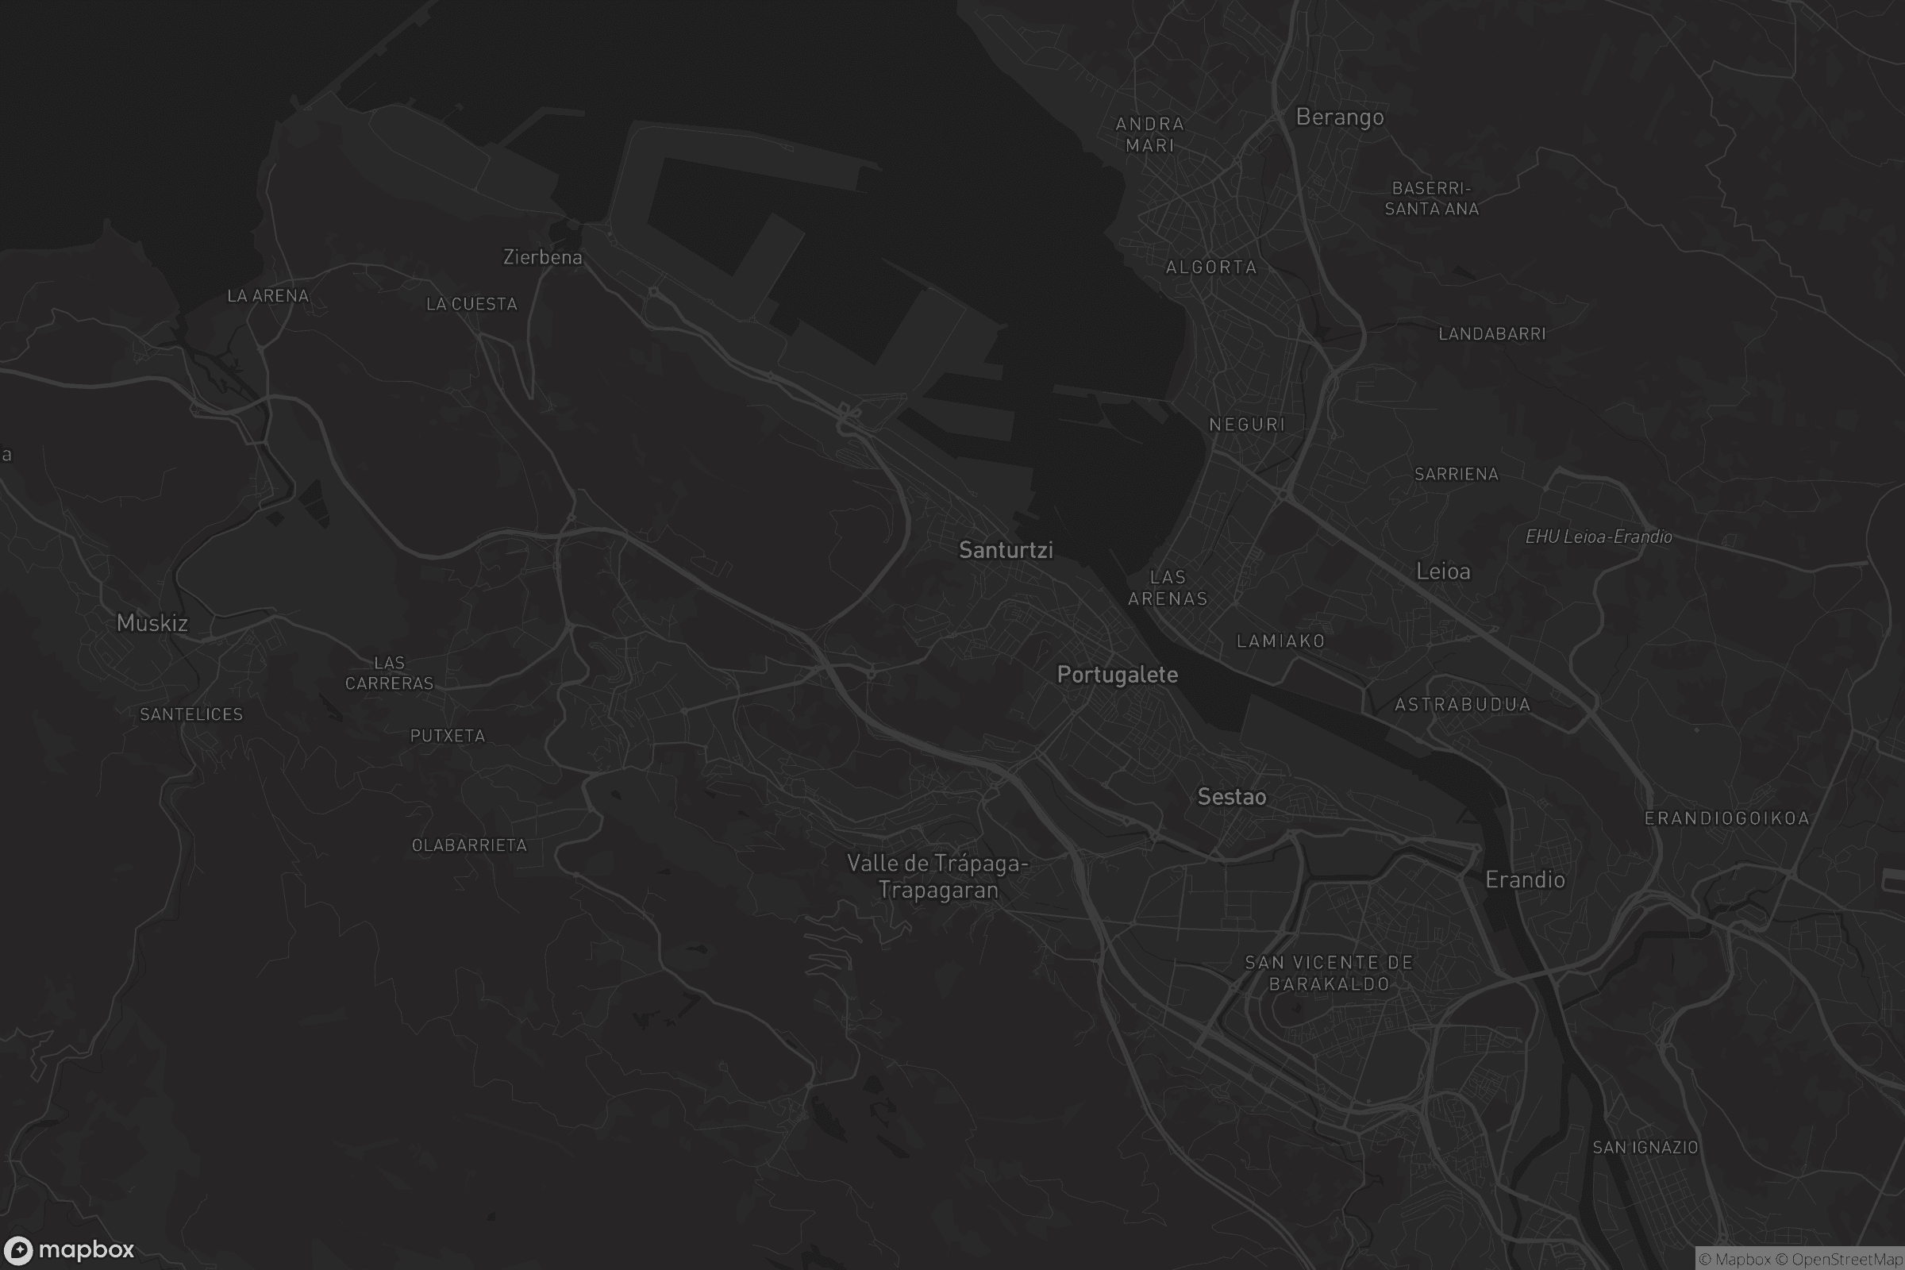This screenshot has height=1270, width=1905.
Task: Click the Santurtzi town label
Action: tap(1006, 550)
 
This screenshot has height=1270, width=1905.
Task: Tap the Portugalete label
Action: tap(1117, 675)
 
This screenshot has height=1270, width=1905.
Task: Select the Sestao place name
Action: tap(1231, 797)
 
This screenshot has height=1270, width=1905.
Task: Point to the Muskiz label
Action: tap(152, 623)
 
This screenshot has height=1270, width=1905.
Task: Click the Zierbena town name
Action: tap(543, 257)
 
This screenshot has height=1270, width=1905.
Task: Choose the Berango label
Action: tap(1340, 117)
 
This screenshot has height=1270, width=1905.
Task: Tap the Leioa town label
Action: tap(1442, 571)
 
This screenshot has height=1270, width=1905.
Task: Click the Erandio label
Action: tap(1524, 880)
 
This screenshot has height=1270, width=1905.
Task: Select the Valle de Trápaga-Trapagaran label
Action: tap(938, 877)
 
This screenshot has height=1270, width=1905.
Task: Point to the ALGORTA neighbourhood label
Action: tap(1211, 267)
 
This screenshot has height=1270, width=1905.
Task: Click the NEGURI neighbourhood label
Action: tap(1246, 425)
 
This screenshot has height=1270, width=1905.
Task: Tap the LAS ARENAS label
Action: tap(1168, 588)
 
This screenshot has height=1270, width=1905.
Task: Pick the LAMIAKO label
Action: tap(1280, 641)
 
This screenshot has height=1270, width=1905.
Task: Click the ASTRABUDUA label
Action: tap(1463, 705)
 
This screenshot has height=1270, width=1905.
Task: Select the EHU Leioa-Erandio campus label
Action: tap(1598, 537)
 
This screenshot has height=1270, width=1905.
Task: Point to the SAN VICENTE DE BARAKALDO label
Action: tap(1329, 974)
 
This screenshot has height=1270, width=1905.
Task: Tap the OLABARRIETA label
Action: tap(469, 845)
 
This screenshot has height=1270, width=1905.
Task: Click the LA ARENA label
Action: tap(268, 296)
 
